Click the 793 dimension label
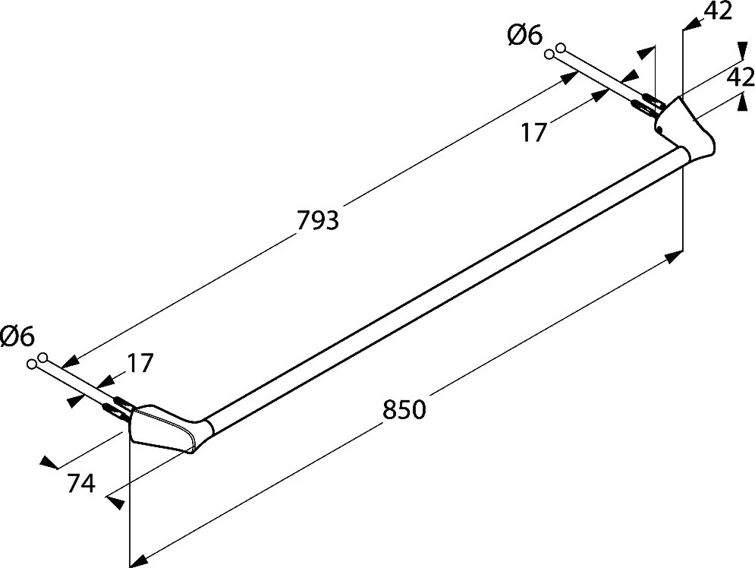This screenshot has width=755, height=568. (318, 221)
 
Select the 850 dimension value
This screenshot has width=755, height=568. (404, 410)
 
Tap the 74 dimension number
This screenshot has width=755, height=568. (81, 483)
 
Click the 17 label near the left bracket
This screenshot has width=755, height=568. (140, 363)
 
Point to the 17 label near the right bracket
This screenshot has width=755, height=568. (534, 132)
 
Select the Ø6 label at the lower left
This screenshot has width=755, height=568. (17, 336)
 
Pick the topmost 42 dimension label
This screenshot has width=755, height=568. (718, 11)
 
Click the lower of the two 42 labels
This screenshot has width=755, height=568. (741, 77)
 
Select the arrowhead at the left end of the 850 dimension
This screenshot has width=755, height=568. (140, 560)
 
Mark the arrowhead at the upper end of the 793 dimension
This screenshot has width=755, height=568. (568, 77)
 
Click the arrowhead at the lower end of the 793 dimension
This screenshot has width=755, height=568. (71, 361)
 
